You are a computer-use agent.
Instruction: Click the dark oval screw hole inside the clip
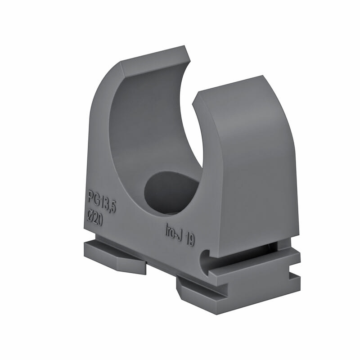[171, 191]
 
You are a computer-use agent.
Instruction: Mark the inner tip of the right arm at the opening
[195, 103]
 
